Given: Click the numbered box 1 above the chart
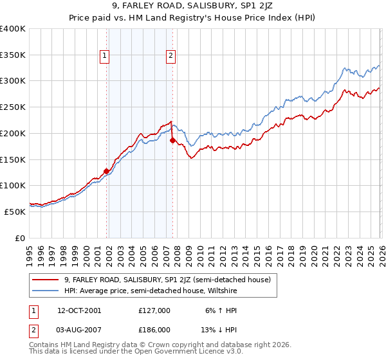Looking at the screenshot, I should pyautogui.click(x=105, y=56).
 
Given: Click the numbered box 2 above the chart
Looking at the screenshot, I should pyautogui.click(x=171, y=56).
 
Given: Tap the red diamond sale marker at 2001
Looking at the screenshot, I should pyautogui.click(x=106, y=171).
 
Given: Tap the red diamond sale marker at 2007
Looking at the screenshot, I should pyautogui.click(x=172, y=140).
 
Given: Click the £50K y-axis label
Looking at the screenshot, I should pyautogui.click(x=15, y=212).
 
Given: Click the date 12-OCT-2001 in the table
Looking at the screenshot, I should pyautogui.click(x=79, y=310).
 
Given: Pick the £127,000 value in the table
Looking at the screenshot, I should pyautogui.click(x=154, y=310).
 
